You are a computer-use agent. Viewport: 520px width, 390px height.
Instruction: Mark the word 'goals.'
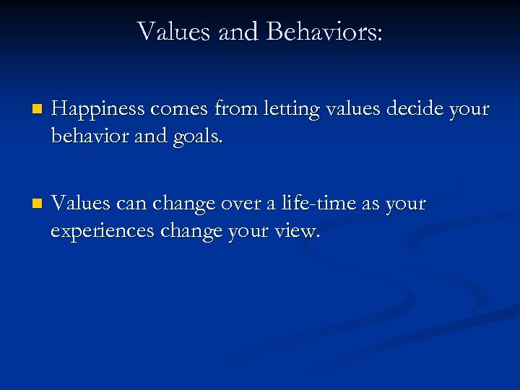(199, 136)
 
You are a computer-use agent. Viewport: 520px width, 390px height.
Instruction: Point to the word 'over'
(240, 205)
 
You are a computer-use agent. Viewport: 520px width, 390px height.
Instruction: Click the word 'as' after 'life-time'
(370, 205)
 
